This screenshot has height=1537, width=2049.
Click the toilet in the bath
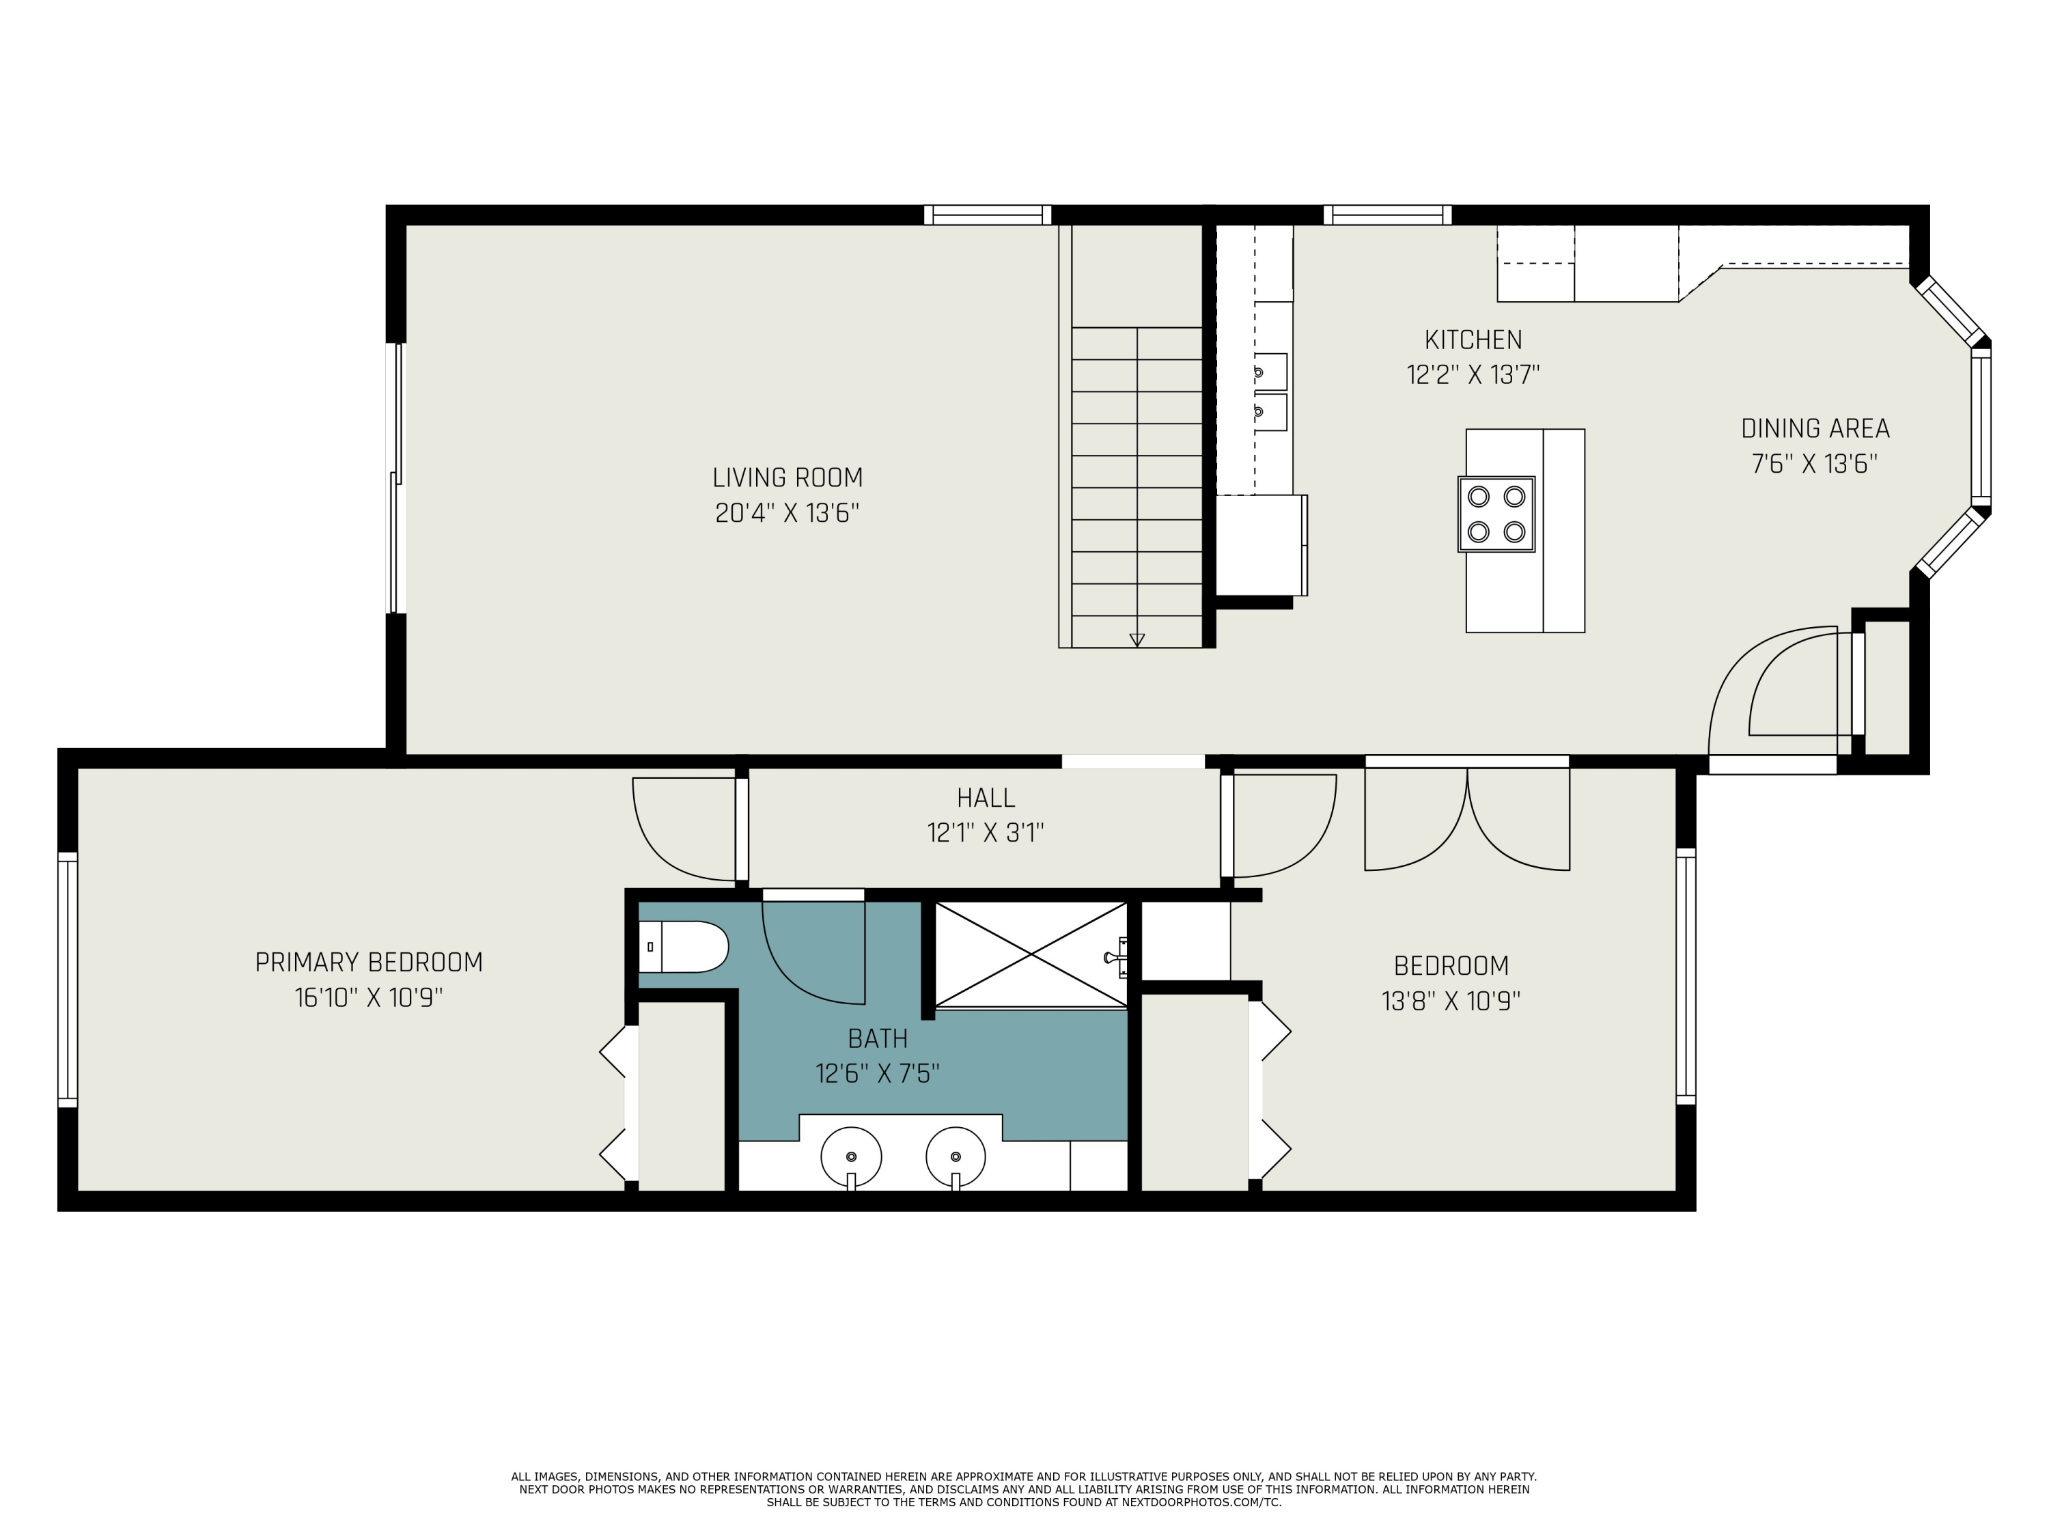tap(684, 947)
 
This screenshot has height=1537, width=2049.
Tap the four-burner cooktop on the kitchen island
tap(1496, 514)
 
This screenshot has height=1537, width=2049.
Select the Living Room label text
tap(787, 478)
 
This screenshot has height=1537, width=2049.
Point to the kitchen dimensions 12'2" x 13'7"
tap(1473, 375)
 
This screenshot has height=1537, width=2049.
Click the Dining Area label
tap(1815, 429)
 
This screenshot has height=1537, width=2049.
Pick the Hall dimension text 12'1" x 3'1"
tap(986, 833)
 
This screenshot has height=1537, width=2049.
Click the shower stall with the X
tap(1031, 954)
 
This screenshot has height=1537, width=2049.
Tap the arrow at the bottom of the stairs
tap(1137, 639)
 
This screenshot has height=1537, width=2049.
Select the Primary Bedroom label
tap(369, 963)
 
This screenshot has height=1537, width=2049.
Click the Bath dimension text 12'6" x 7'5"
tap(877, 1074)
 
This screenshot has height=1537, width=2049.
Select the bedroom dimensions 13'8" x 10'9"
tap(1451, 1001)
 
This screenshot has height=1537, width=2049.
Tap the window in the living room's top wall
tap(988, 215)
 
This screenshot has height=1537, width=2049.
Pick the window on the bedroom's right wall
tap(1686, 975)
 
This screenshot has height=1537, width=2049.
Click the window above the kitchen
tap(1388, 215)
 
